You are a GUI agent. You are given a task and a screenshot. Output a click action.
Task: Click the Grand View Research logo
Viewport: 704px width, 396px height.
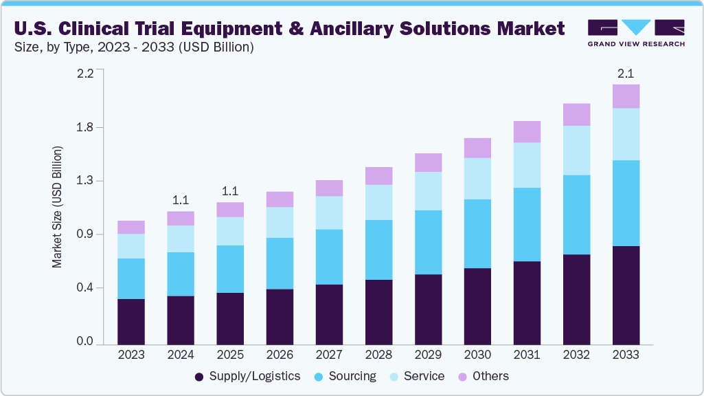pyautogui.click(x=635, y=32)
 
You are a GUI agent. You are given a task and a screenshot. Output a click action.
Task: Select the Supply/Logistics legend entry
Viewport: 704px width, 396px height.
pyautogui.click(x=248, y=376)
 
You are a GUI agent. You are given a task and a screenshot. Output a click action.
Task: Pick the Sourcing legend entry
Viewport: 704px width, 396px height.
pyautogui.click(x=345, y=376)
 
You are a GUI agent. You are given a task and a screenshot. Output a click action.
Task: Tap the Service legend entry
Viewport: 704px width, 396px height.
pyautogui.click(x=416, y=376)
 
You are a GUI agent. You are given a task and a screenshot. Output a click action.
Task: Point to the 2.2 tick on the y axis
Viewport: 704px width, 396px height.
pyautogui.click(x=85, y=74)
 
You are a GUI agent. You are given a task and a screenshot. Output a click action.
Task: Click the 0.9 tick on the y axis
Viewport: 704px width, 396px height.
pyautogui.click(x=85, y=234)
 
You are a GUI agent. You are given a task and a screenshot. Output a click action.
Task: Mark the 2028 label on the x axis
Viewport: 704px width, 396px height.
pyautogui.click(x=378, y=355)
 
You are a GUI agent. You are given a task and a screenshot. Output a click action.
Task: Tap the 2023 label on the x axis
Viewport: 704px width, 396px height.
pyautogui.click(x=130, y=355)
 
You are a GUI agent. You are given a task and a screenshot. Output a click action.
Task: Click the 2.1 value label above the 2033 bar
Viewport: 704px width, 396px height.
pyautogui.click(x=626, y=73)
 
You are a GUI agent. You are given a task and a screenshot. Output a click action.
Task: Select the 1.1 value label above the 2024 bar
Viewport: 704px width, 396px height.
pyautogui.click(x=181, y=200)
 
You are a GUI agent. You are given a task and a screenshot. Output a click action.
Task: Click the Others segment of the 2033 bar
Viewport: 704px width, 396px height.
pyautogui.click(x=626, y=96)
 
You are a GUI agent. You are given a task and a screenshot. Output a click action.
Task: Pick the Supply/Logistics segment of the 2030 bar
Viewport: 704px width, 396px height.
pyautogui.click(x=477, y=306)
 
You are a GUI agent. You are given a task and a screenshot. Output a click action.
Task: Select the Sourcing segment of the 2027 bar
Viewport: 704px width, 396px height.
pyautogui.click(x=329, y=256)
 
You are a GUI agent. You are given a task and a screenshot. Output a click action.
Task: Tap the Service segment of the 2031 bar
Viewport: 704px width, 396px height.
pyautogui.click(x=527, y=165)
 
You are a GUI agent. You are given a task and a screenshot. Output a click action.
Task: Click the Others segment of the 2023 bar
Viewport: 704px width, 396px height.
pyautogui.click(x=130, y=227)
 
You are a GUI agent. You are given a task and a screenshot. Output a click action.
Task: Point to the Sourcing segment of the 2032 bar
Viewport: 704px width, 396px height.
pyautogui.click(x=576, y=214)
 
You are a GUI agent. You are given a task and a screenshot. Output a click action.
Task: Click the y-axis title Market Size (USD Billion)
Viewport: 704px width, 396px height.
pyautogui.click(x=58, y=207)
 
